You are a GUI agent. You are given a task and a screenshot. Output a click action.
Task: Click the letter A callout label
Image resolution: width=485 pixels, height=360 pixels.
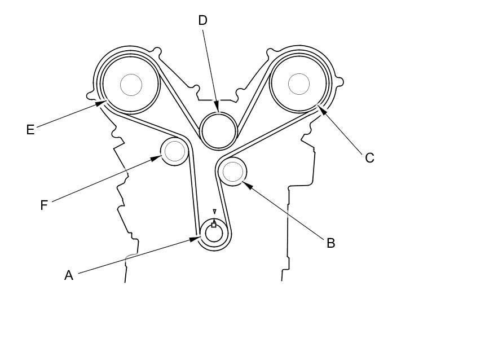coord(69,275)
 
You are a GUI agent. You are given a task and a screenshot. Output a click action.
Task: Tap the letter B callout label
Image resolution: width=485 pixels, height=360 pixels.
coord(331,243)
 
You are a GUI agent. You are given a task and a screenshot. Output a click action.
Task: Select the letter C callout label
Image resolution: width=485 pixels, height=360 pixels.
coord(369,158)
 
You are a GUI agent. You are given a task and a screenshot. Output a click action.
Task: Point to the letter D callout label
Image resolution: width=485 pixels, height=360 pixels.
coord(202,21)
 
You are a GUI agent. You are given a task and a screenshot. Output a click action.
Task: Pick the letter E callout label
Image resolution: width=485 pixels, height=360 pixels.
coord(30,130)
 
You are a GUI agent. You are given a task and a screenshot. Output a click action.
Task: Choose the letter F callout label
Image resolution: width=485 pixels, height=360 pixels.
coord(44,205)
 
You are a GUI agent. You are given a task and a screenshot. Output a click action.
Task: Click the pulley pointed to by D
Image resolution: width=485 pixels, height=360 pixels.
coord(218,131)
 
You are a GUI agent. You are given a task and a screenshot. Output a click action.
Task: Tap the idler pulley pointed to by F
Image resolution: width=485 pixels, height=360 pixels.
coord(174,151)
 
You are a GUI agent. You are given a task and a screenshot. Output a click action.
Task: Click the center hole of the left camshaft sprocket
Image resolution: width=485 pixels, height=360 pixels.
coord(131,85)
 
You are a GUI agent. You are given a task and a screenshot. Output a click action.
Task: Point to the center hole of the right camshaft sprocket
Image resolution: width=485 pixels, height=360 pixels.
coord(299,84)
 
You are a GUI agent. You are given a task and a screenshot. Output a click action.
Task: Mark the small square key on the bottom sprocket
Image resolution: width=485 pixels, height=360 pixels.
coord(214,225)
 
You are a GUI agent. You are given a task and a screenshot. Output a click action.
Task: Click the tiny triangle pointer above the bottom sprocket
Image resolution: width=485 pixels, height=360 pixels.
coord(214,212)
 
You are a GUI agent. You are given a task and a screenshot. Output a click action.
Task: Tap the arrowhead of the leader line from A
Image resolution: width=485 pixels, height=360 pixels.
coord(199,239)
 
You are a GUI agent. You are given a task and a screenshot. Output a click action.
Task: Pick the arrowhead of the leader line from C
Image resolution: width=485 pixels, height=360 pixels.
coord(319,108)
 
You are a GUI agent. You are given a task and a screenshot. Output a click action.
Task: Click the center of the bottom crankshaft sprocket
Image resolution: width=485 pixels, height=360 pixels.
coord(214,233)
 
